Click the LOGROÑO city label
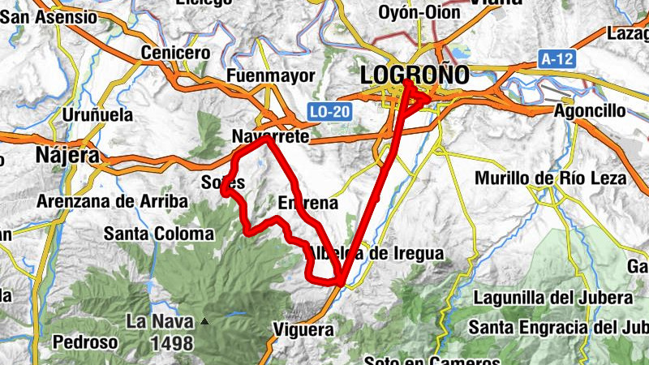[x=415, y=75]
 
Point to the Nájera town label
[x=67, y=154]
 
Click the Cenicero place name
[x=176, y=52]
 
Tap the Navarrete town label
[x=270, y=137]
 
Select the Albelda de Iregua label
[x=375, y=254]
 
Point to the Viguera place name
[x=303, y=330]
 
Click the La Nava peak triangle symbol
[x=204, y=322]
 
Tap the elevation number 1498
[x=171, y=343]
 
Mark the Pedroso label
[x=85, y=342]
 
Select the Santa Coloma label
[x=159, y=234]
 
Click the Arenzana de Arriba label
[x=111, y=200]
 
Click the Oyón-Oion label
[x=419, y=12]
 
